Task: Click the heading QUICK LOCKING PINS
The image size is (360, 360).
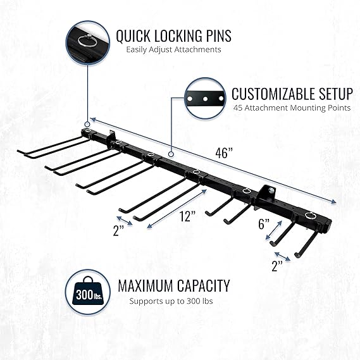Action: click(x=173, y=36)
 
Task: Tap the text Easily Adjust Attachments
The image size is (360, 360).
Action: click(x=173, y=49)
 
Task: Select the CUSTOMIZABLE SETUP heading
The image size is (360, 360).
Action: click(x=292, y=94)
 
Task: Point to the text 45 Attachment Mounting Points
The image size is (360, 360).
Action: click(x=292, y=108)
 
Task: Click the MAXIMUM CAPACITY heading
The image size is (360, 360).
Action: click(x=174, y=286)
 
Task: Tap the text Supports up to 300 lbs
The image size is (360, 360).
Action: click(x=171, y=301)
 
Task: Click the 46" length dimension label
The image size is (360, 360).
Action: click(x=224, y=153)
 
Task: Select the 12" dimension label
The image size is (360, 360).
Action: click(x=187, y=216)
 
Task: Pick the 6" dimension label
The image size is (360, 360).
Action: click(x=264, y=224)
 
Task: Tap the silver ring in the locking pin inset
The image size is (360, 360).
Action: click(x=86, y=41)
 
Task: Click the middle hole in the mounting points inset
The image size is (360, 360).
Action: click(x=205, y=99)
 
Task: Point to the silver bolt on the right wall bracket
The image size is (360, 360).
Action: click(x=271, y=190)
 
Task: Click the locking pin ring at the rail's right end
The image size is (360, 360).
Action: click(x=311, y=215)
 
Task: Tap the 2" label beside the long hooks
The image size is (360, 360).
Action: click(x=118, y=231)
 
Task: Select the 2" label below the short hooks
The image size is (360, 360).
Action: click(x=277, y=266)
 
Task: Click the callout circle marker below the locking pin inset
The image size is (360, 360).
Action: click(x=87, y=124)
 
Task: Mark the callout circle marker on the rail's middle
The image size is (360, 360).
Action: click(x=171, y=154)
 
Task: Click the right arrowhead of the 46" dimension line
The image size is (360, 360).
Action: click(x=333, y=201)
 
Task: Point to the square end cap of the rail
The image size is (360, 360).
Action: click(x=328, y=227)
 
